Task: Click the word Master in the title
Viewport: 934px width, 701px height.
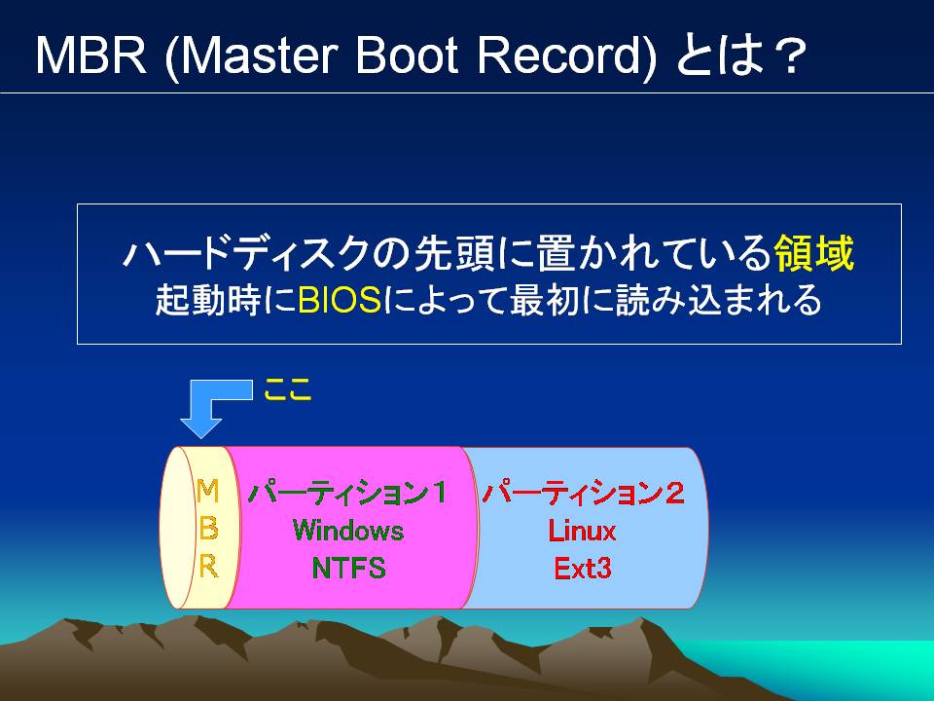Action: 259,55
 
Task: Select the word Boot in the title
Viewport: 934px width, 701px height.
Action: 408,55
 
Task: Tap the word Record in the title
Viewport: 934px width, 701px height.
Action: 560,55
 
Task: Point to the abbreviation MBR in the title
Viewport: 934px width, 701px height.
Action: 91,55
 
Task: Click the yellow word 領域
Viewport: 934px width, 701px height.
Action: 813,253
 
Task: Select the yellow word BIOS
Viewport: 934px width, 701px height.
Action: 339,299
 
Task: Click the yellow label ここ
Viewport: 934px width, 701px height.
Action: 288,389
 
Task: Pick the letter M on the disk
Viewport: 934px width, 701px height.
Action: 207,491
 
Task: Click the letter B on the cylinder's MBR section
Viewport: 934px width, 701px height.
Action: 208,528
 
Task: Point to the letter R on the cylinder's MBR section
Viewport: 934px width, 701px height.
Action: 208,566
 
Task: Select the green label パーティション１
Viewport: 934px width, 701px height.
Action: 347,493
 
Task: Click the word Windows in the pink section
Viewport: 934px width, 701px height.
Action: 348,530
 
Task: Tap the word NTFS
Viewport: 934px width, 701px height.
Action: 348,568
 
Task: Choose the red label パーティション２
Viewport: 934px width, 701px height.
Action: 583,493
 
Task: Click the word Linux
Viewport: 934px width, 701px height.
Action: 582,531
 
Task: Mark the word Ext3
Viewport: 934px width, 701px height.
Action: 583,568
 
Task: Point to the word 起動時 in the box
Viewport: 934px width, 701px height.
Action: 208,299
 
